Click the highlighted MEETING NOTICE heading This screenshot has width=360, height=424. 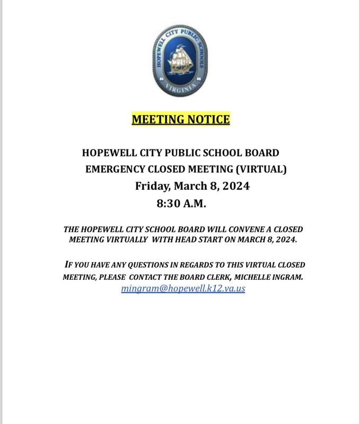[180, 119]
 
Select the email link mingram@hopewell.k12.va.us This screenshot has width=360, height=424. [183, 289]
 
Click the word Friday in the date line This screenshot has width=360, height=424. [151, 187]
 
